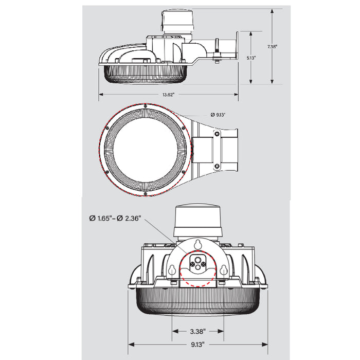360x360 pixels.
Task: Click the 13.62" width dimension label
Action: click(x=168, y=95)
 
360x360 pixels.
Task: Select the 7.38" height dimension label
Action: click(x=273, y=46)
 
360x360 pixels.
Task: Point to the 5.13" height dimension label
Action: click(x=250, y=58)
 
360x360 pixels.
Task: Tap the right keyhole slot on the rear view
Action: click(x=224, y=271)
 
